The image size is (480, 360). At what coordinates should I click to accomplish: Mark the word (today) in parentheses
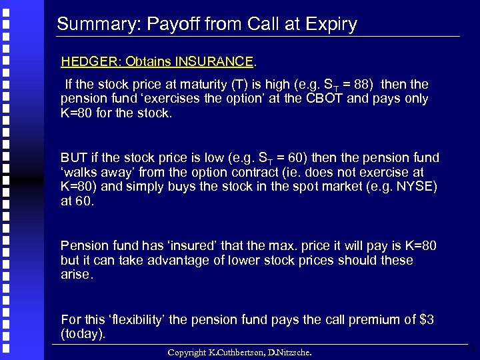[x=83, y=333]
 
